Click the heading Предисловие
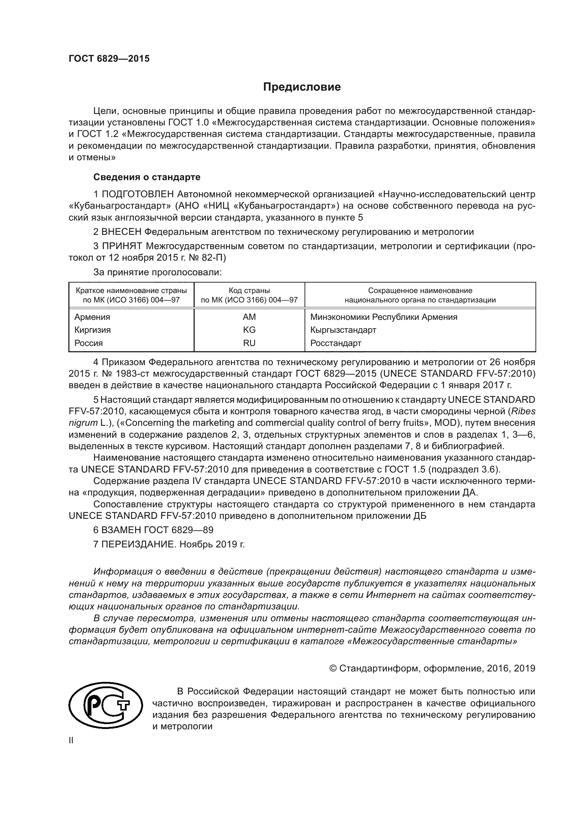(302, 87)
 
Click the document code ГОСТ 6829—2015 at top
(109, 59)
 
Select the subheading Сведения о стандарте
(147, 177)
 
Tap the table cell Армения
(92, 317)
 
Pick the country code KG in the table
(249, 330)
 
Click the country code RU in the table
(249, 343)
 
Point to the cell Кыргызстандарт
(343, 330)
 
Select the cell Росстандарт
(335, 343)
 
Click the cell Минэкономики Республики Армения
(384, 317)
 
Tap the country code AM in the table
(249, 317)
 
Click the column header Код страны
(249, 291)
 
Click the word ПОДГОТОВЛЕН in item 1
(138, 194)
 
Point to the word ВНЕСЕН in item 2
(121, 232)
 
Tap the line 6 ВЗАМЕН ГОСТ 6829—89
(153, 530)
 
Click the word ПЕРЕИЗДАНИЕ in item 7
(138, 544)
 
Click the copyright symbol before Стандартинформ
(333, 669)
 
